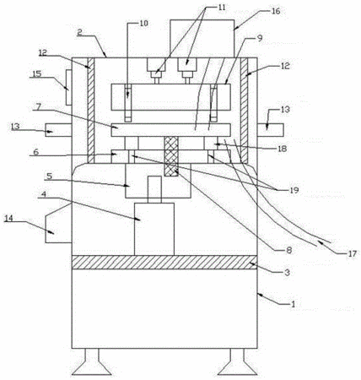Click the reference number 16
click(276, 11)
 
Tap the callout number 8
click(288, 249)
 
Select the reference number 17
click(352, 253)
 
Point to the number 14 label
click(8, 219)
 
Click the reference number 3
click(287, 272)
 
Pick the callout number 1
click(293, 304)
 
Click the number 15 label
click(37, 73)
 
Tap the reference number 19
click(294, 190)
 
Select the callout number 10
click(143, 24)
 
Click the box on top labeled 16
click(202, 39)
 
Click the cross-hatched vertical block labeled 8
click(171, 156)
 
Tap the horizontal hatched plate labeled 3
click(164, 263)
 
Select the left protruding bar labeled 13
click(58, 130)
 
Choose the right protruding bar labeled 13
click(270, 130)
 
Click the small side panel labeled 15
click(69, 87)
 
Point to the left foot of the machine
click(92, 362)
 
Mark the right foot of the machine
click(238, 362)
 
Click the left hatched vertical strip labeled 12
click(91, 111)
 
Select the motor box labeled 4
click(154, 229)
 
